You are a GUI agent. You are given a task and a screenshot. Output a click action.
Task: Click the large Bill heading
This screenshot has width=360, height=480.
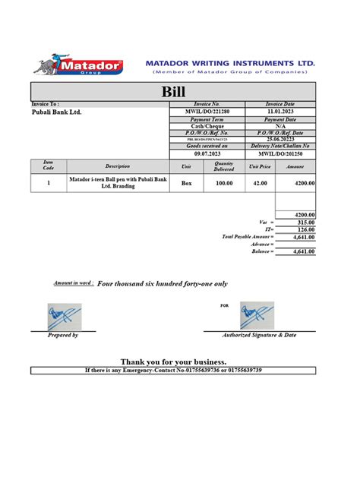[174, 91]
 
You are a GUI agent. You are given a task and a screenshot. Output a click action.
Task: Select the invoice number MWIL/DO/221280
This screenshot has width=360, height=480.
[207, 112]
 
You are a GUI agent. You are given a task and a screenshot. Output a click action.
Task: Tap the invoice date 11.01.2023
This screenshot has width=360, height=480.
[279, 112]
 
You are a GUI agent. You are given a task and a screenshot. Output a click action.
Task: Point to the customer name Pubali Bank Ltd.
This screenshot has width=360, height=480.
[56, 112]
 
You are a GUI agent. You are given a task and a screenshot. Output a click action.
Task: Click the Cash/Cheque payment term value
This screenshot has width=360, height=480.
[207, 126]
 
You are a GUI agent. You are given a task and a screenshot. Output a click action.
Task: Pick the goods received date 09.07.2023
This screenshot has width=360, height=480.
[207, 153]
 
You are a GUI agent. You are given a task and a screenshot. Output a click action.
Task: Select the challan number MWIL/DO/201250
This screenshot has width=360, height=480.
[279, 153]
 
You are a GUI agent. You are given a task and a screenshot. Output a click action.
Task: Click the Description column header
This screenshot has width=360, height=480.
[118, 166]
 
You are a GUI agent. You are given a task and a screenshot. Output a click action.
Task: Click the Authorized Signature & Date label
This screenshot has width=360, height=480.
[259, 335]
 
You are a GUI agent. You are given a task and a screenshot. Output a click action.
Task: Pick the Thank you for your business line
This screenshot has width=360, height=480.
[173, 362]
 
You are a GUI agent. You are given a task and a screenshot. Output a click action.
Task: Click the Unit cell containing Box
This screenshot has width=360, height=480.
[187, 183]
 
